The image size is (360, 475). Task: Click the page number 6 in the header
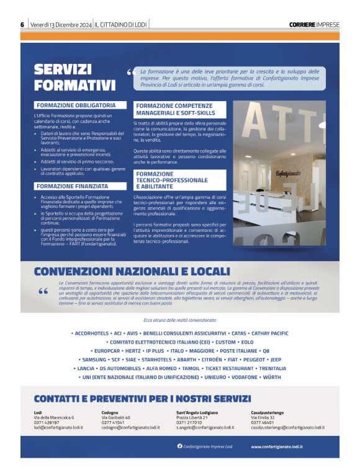pyautogui.click(x=22, y=24)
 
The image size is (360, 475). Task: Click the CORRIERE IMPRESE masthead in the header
pyautogui.click(x=314, y=25)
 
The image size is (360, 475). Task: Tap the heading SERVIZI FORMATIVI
pyautogui.click(x=74, y=78)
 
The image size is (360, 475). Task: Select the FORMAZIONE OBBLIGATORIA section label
pyautogui.click(x=76, y=105)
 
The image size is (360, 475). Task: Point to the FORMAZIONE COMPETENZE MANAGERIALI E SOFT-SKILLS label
pyautogui.click(x=176, y=110)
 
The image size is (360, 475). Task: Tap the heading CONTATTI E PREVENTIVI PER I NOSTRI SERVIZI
pyautogui.click(x=142, y=399)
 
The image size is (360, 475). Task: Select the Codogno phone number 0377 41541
pyautogui.click(x=113, y=422)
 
